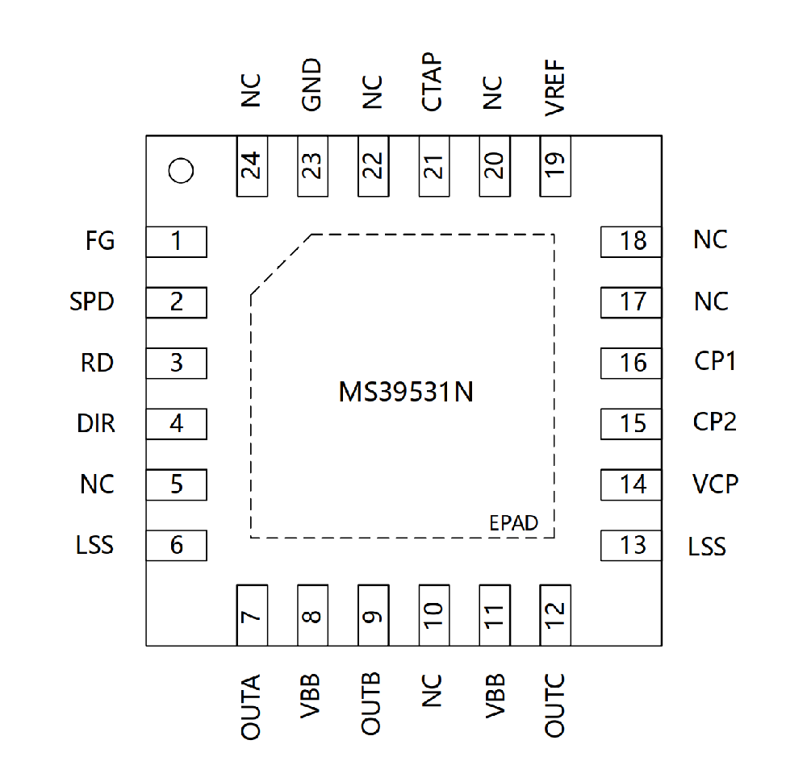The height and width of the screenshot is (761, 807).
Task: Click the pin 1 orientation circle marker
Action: [x=181, y=171]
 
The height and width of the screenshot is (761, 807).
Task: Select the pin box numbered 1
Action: [x=177, y=242]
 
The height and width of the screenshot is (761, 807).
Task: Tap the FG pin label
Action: [x=100, y=241]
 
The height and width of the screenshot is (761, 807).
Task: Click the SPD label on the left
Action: [x=92, y=301]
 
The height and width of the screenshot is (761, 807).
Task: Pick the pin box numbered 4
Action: [x=177, y=424]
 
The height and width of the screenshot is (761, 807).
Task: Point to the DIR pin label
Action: [x=96, y=424]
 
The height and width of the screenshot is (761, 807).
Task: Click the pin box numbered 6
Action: [x=177, y=546]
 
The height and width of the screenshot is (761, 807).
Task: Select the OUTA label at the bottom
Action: [x=251, y=707]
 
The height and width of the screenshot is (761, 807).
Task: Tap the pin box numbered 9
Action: [x=373, y=615]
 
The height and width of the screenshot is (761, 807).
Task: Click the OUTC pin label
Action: [x=555, y=705]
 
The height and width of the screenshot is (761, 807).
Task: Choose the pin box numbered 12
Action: [x=555, y=615]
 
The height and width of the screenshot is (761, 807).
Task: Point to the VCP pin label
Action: [x=715, y=484]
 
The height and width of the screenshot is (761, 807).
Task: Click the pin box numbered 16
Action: [x=631, y=364]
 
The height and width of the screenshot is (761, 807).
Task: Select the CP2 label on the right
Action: [x=715, y=422]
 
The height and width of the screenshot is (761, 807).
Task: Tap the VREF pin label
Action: [x=555, y=87]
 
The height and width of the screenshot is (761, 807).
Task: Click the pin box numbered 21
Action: [x=434, y=166]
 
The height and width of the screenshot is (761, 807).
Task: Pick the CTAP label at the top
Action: [x=432, y=81]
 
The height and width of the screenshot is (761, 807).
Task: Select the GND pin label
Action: [x=312, y=85]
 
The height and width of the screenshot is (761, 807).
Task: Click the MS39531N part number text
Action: [x=406, y=392]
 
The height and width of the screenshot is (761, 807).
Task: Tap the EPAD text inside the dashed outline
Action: [x=513, y=523]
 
